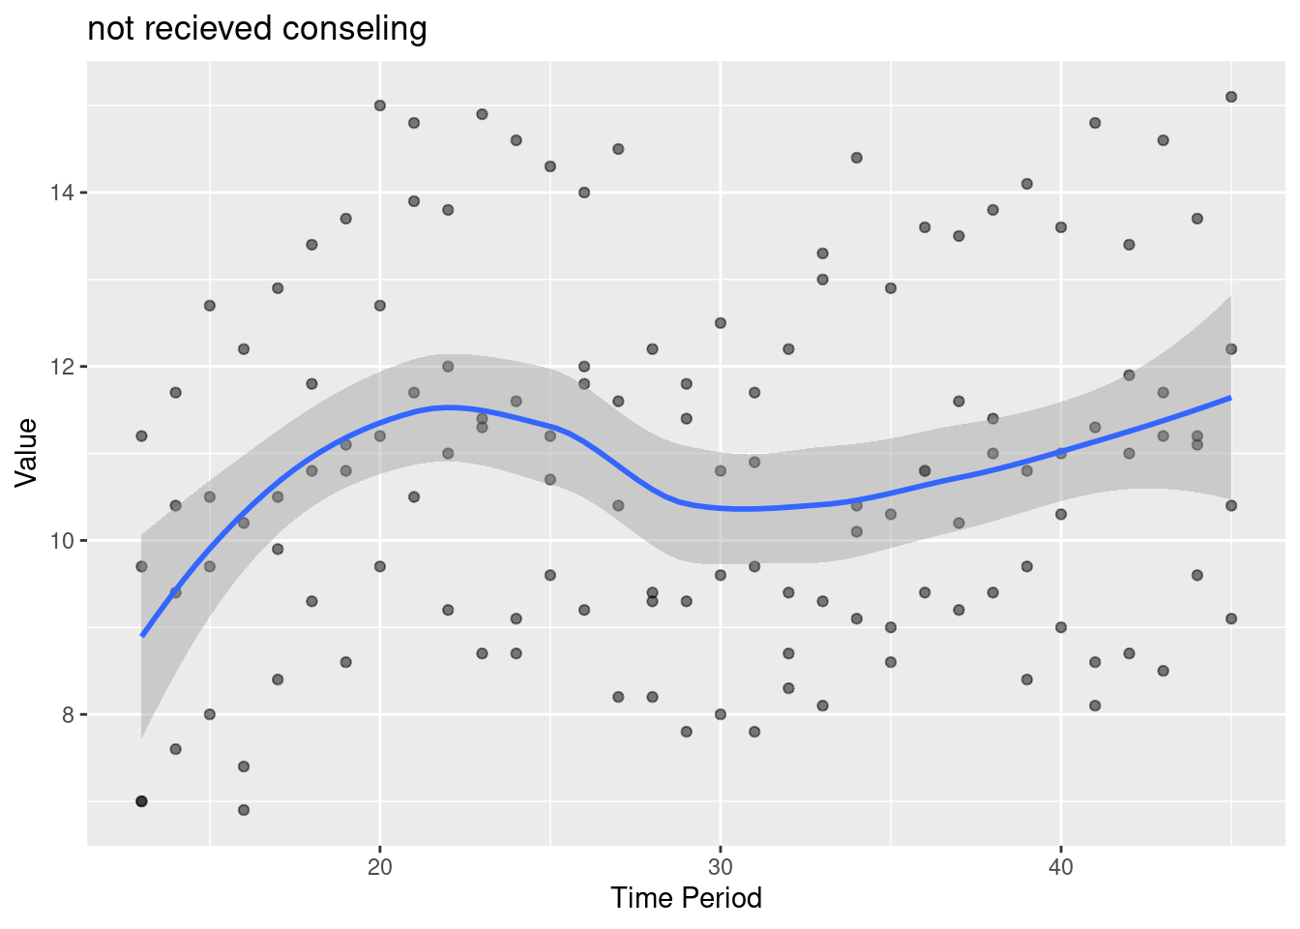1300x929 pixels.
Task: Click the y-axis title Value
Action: point(26,452)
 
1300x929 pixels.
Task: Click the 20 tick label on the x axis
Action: point(380,865)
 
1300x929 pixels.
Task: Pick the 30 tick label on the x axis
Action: point(721,865)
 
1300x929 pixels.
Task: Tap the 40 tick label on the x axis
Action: point(1061,865)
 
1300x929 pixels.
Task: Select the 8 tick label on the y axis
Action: point(70,714)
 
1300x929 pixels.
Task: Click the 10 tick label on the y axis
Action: point(65,540)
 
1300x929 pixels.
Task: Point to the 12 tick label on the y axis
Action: point(65,367)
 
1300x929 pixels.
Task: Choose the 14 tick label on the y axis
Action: point(65,193)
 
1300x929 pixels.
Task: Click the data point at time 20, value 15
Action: point(380,105)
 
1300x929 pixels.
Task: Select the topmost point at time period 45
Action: point(1231,97)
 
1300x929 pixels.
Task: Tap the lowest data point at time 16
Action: point(244,810)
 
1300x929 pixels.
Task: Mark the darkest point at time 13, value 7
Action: point(141,801)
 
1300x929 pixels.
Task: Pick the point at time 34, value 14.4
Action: point(856,158)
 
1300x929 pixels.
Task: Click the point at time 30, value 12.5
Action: point(721,323)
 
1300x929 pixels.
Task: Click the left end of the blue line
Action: point(142,636)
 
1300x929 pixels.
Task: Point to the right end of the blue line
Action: point(1231,397)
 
